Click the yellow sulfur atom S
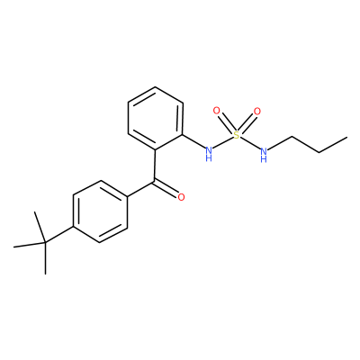point(237,135)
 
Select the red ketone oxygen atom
point(181,197)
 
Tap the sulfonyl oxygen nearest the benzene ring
point(216,111)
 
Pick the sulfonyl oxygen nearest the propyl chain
point(257,112)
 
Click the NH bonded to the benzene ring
point(209,153)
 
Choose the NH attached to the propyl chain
point(264,154)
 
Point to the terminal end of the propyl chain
point(347,138)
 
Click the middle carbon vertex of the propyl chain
point(319,153)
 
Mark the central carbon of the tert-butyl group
point(45,242)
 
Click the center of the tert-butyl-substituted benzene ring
point(101,211)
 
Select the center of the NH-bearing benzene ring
point(156,119)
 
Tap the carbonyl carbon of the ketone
point(155,182)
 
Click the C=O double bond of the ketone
point(166,189)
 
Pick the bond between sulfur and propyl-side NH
point(250,143)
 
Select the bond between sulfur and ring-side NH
point(223,143)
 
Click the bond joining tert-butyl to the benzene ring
point(59,235)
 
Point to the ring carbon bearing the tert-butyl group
point(73,227)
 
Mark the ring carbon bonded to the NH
point(183,134)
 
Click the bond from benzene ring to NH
point(193,141)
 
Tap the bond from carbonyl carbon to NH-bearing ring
point(155,166)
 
